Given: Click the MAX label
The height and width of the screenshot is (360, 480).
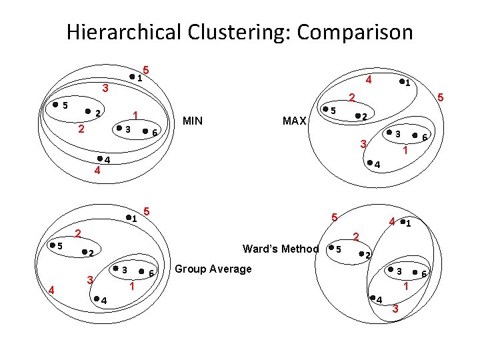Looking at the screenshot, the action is [x=294, y=121].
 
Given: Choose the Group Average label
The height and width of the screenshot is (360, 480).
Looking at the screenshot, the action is [x=213, y=269].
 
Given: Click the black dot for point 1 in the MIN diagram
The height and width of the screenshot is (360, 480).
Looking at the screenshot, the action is [x=132, y=77].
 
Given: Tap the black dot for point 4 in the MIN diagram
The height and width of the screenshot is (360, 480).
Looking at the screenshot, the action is [x=99, y=159].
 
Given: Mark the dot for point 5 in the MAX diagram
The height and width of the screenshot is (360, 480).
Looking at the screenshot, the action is [x=325, y=109].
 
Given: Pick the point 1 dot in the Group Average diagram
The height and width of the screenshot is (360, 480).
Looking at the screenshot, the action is [x=128, y=217].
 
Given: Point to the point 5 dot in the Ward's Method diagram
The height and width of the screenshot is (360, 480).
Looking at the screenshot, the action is [x=330, y=249].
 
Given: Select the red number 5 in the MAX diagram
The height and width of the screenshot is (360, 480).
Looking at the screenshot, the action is [x=440, y=98].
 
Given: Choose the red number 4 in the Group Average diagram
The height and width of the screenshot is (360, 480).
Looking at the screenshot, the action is [x=51, y=289].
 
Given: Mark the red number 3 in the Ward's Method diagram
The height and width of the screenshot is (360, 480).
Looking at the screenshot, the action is [x=395, y=309].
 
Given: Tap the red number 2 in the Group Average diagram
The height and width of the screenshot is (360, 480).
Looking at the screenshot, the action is [x=78, y=233].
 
